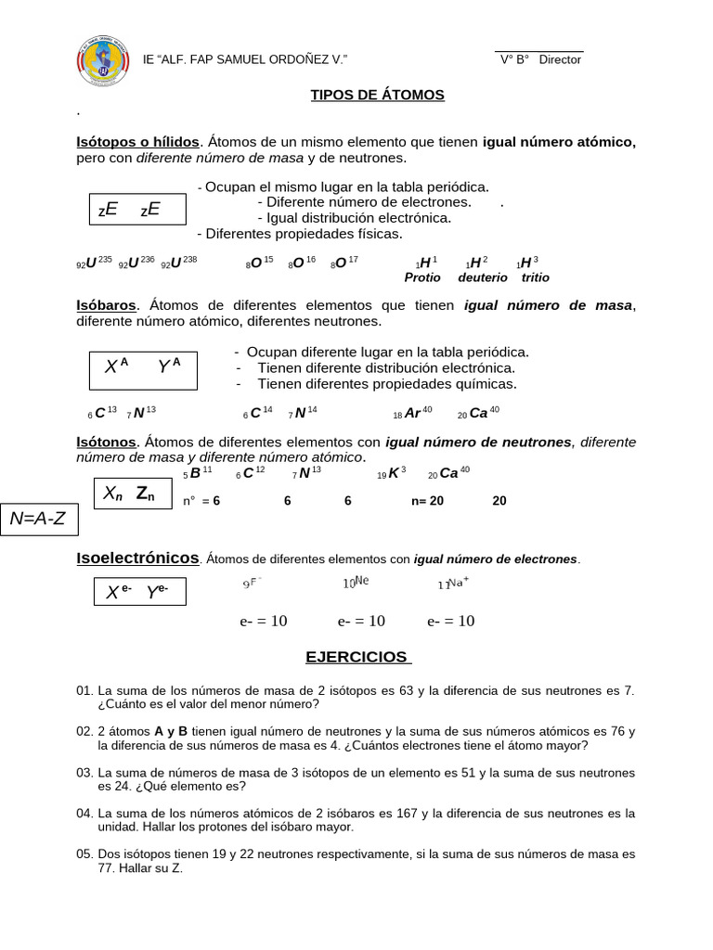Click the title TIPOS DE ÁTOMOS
click(x=376, y=95)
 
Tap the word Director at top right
click(x=560, y=59)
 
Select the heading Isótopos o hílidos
click(x=137, y=142)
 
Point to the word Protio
click(x=421, y=277)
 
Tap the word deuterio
click(x=482, y=277)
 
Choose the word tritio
click(x=535, y=277)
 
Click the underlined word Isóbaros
click(x=106, y=305)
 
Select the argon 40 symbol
click(x=412, y=413)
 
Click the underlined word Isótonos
click(x=106, y=443)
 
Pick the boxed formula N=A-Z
click(x=38, y=519)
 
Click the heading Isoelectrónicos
click(x=137, y=558)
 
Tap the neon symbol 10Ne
click(x=356, y=584)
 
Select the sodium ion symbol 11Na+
click(x=453, y=584)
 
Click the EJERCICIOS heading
click(x=357, y=657)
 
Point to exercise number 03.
click(x=85, y=773)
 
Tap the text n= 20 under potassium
click(x=427, y=501)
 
